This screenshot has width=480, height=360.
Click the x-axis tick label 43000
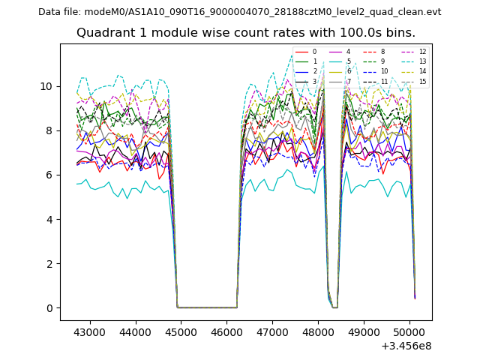[x=91, y=331]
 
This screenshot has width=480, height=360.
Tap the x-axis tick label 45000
[x=181, y=331]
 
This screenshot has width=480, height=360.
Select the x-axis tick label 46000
[x=227, y=331]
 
